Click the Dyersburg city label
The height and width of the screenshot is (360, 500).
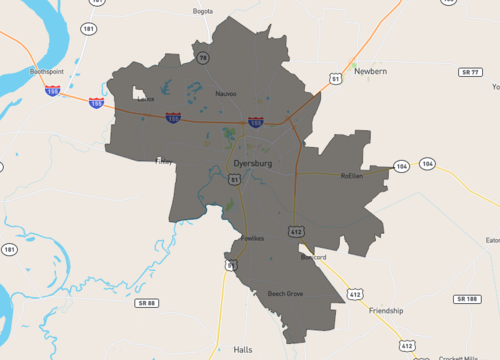pos(252,162)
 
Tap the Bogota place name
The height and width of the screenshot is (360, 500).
pos(203,12)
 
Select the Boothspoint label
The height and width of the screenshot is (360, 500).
pos(47,72)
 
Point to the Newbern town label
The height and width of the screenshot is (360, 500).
pos(370,72)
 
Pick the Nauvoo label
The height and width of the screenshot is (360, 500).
pos(226,93)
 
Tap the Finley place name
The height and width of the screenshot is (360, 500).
pos(164,160)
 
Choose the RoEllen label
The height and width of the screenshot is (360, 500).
pos(351,175)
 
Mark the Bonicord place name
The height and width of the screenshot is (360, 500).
pos(313,257)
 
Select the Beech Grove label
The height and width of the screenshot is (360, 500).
pos(285,294)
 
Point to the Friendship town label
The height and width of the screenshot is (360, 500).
pos(386,311)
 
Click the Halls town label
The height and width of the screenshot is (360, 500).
pos(243,350)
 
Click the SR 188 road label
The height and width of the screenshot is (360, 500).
pos(466,299)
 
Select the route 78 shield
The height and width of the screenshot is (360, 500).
pos(202,58)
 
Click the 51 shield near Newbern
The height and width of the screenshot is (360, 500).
pos(336,77)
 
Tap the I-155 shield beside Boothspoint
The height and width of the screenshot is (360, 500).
pos(52,90)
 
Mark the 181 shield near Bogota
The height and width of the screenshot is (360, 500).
pos(90,30)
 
